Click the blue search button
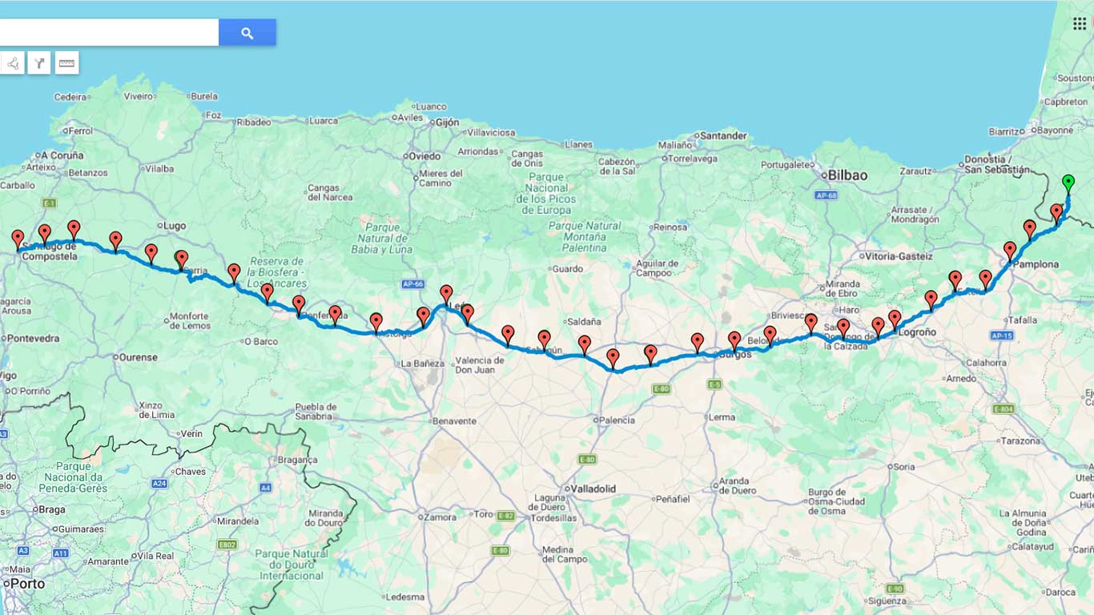(247, 33)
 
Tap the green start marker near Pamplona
(1068, 183)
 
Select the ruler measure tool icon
(67, 62)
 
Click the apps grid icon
(1080, 23)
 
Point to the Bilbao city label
(847, 175)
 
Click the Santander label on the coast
(722, 136)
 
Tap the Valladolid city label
(593, 488)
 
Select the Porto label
(27, 584)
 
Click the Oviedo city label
(424, 156)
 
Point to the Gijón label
(447, 123)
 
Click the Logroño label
(918, 332)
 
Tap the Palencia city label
(617, 420)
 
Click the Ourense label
(138, 357)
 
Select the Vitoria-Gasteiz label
(899, 256)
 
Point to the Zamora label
(440, 517)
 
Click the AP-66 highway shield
(412, 284)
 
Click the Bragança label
(297, 460)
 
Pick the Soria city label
(903, 467)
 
